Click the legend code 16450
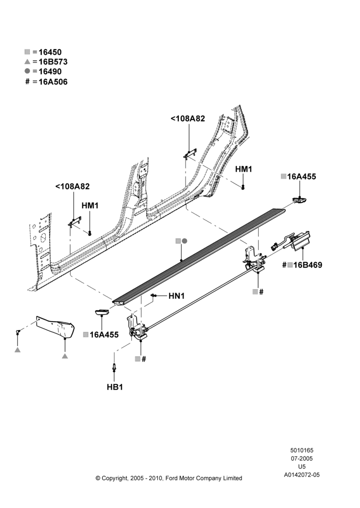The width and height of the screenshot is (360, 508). tap(50, 52)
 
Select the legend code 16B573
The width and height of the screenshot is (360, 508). tap(53, 61)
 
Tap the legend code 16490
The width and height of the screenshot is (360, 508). tap(50, 71)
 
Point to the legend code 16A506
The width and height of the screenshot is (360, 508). tap(53, 82)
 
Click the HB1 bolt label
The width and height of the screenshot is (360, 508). tap(115, 387)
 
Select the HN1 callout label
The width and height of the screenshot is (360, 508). tap(176, 296)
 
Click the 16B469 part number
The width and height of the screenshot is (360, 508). tap(308, 265)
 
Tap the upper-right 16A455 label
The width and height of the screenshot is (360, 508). tap(302, 177)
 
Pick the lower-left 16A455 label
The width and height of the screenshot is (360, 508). tap(104, 335)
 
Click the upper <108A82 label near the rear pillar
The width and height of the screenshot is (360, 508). tap(188, 118)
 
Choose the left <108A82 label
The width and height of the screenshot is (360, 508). tap(72, 186)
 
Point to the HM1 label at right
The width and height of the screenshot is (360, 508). tap(244, 169)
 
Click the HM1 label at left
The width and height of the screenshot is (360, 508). tap(90, 206)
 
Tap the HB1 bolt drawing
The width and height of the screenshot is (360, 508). tap(114, 367)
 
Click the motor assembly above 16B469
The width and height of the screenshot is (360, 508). tap(291, 242)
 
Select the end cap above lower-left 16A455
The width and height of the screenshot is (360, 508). tap(102, 312)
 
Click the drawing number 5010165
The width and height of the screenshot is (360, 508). tap(302, 450)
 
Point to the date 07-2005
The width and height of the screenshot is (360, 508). tap(302, 458)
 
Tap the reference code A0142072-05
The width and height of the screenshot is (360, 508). tap(302, 475)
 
